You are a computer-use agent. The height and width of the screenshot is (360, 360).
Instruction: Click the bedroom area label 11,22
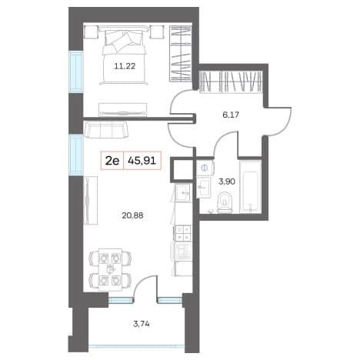coord(125,66)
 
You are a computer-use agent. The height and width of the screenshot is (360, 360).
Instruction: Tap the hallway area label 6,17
coord(231,115)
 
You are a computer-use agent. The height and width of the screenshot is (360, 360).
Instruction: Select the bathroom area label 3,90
coord(226,182)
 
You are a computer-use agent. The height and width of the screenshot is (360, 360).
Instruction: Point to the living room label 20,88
coord(132,215)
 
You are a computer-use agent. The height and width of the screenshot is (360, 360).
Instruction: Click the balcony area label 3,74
coord(142,324)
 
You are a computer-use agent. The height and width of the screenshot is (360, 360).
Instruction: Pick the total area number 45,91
coord(142,161)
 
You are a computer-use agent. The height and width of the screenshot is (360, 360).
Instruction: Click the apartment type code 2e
coord(112,161)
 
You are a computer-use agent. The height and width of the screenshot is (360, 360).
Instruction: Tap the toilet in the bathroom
coord(225,202)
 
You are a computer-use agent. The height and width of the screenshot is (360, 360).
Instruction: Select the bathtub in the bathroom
coord(251,186)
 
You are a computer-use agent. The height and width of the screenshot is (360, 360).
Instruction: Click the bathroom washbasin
coord(204,188)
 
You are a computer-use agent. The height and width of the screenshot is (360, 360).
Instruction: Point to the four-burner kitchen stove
coord(182,233)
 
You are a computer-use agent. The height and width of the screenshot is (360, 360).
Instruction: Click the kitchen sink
coord(183,192)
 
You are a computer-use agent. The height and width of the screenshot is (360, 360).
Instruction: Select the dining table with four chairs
coord(110,269)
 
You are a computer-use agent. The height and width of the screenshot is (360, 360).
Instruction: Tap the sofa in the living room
coord(105,130)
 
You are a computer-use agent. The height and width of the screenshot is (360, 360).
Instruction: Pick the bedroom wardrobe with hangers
coord(181,53)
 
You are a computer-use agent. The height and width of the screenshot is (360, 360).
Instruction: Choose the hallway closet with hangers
coord(231,82)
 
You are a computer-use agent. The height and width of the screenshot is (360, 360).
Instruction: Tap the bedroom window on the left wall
coord(76,72)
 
